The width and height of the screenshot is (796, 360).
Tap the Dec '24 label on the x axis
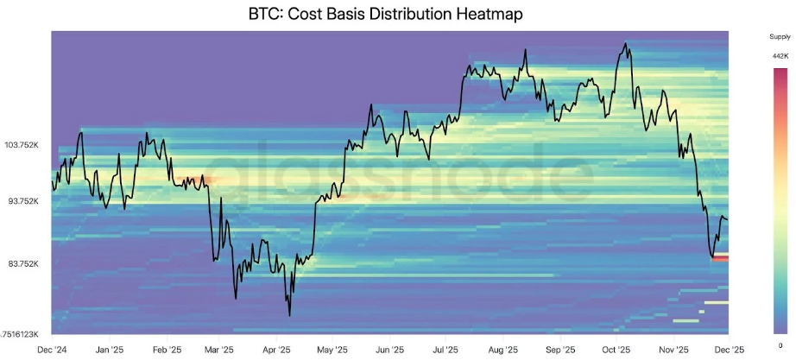[x=52, y=350]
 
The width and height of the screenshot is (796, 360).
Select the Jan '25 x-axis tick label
[x=108, y=350]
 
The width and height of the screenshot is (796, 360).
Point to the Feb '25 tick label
[x=167, y=350]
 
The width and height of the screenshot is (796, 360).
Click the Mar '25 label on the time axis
[x=219, y=350]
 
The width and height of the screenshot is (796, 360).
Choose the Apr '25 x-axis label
[x=276, y=350]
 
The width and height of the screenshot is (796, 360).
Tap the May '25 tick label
[x=332, y=350]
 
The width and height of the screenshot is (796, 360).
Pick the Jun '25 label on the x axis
[x=389, y=350]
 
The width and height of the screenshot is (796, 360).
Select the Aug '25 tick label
[x=502, y=350]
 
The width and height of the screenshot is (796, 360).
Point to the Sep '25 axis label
[x=559, y=350]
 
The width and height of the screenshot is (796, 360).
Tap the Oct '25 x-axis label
[x=615, y=350]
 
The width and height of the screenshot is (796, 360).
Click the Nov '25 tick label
[x=672, y=350]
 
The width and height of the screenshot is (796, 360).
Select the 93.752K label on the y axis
[x=23, y=200]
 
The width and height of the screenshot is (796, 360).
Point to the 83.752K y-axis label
[x=23, y=263]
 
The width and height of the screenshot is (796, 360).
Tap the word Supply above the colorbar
[x=780, y=37]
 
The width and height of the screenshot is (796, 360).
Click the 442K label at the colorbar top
[x=780, y=55]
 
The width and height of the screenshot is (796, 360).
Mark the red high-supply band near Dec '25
[x=720, y=257]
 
